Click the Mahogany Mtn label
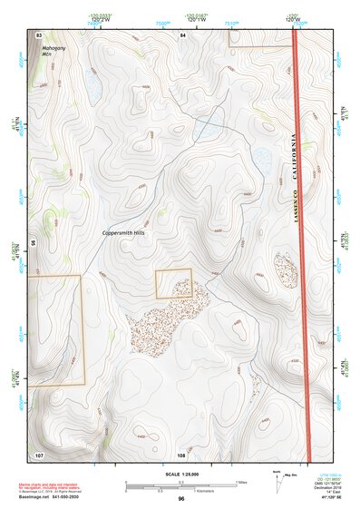click(x=49, y=50)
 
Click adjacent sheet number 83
click(x=38, y=34)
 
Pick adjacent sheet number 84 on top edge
click(x=182, y=34)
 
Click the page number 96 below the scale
click(x=181, y=499)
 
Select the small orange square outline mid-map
click(x=173, y=284)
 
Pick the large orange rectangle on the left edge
click(x=56, y=329)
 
